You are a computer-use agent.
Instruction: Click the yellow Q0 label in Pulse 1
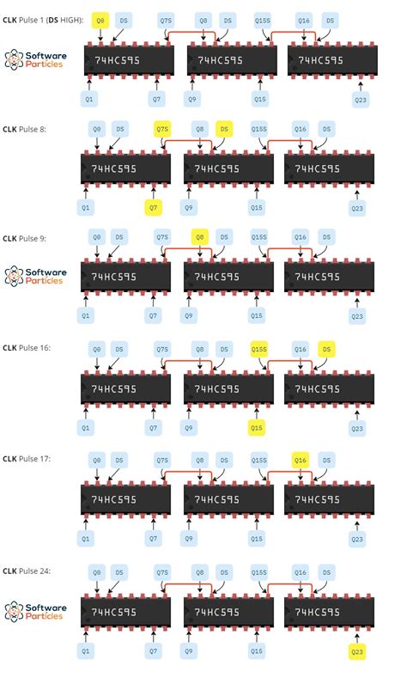(x=100, y=19)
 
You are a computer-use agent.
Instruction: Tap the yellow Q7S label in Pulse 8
(x=162, y=128)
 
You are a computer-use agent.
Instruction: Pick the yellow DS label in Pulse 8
(x=224, y=128)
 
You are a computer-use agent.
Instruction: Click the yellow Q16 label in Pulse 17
(x=301, y=459)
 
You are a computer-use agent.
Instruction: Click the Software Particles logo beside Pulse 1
(x=34, y=58)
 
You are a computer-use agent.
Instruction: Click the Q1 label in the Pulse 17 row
(x=85, y=538)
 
